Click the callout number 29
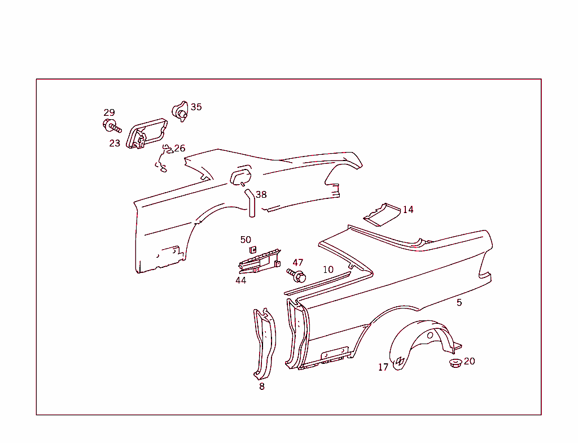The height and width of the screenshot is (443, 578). pyautogui.click(x=109, y=112)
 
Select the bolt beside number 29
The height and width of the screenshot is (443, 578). pyautogui.click(x=112, y=126)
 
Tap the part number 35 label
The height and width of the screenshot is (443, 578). pyautogui.click(x=196, y=107)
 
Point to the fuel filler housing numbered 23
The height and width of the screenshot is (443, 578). pyautogui.click(x=146, y=134)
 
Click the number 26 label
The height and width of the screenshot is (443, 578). pyautogui.click(x=179, y=149)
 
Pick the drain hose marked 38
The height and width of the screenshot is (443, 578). pyautogui.click(x=250, y=203)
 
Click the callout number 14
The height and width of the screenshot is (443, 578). pyautogui.click(x=408, y=210)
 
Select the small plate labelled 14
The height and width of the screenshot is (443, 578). pyautogui.click(x=382, y=215)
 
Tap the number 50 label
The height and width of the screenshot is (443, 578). pyautogui.click(x=246, y=240)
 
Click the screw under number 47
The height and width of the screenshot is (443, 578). pyautogui.click(x=296, y=275)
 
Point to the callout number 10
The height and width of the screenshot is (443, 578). pyautogui.click(x=328, y=270)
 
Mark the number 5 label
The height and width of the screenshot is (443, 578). pyautogui.click(x=459, y=303)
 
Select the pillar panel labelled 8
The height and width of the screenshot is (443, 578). pyautogui.click(x=265, y=344)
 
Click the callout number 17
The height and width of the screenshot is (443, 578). pyautogui.click(x=383, y=367)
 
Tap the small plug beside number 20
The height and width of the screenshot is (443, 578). pyautogui.click(x=456, y=363)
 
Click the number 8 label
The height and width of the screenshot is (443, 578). pyautogui.click(x=262, y=386)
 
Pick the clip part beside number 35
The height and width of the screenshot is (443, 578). pyautogui.click(x=180, y=111)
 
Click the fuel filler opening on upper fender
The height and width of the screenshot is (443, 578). pyautogui.click(x=241, y=177)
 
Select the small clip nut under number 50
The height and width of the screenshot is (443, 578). pyautogui.click(x=253, y=250)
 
